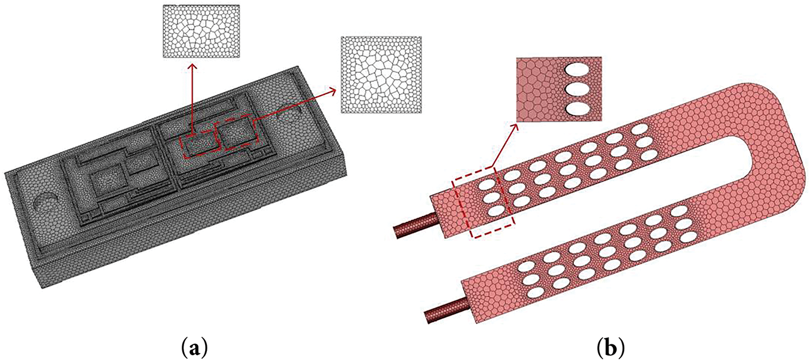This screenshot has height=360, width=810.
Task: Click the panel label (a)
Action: coord(194,349)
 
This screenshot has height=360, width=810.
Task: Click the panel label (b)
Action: coord(611,349)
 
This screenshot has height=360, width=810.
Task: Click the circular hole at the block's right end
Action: coord(288,112)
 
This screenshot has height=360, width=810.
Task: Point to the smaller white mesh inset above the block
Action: coord(201,31)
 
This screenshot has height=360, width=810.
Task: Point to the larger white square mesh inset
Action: coord(381,75)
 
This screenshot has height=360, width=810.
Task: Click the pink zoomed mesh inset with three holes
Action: coord(559,89)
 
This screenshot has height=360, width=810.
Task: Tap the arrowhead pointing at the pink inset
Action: coord(514,128)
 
